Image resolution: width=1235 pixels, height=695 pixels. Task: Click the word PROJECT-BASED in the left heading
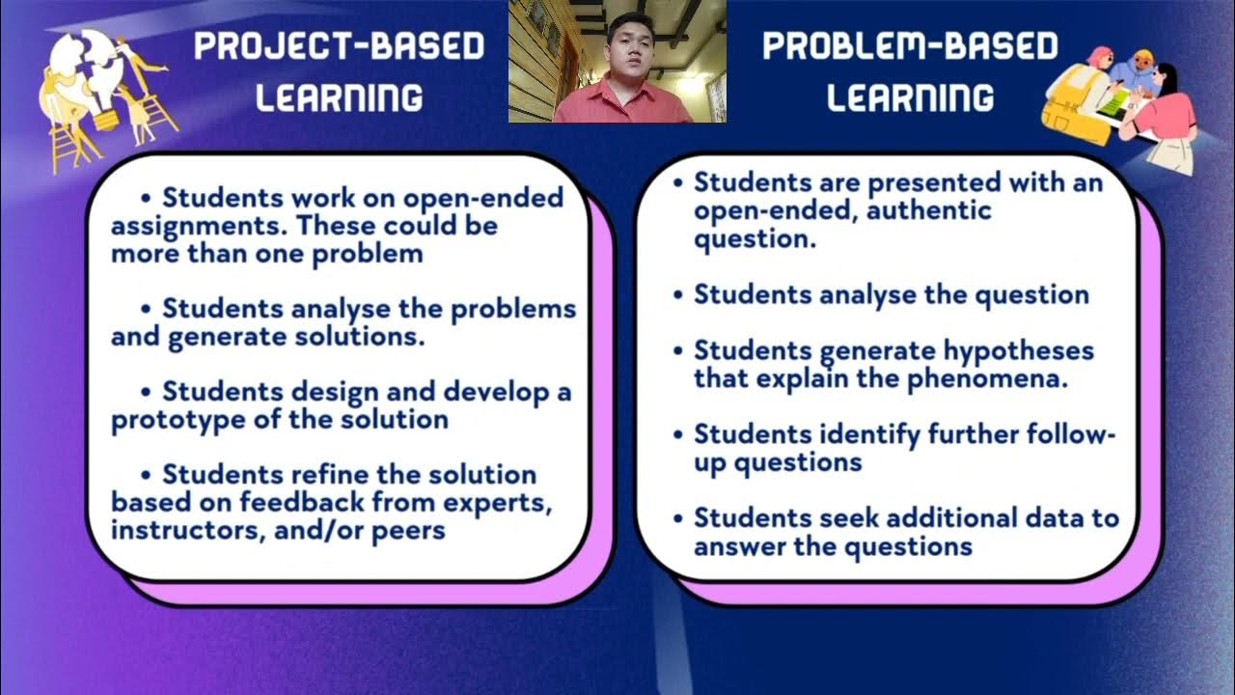339,46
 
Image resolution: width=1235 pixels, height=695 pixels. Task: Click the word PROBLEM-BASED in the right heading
910,46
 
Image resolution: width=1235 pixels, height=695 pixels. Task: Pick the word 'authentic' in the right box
929,210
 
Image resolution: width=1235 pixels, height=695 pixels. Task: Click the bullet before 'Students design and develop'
147,393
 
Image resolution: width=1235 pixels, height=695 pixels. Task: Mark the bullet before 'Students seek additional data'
678,518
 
